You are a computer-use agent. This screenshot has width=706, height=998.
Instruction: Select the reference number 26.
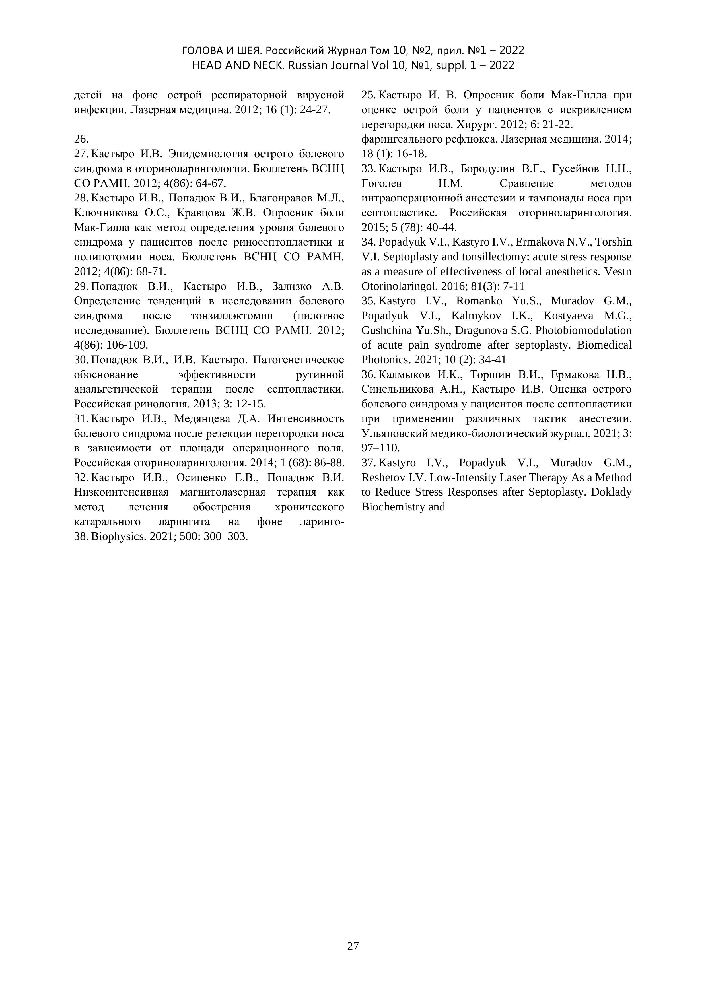click(x=81, y=139)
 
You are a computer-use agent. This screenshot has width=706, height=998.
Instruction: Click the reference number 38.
click(x=82, y=536)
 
